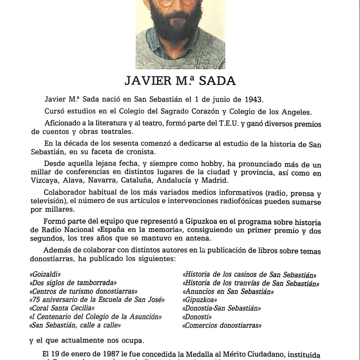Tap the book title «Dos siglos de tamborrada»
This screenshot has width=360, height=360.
pos(73,283)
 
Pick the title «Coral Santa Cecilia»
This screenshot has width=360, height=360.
pos(62,308)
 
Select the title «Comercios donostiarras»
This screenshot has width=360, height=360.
pos(222,325)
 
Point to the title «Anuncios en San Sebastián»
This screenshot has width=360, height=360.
pos(228,292)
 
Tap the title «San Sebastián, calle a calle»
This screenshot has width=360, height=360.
pos(75,325)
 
